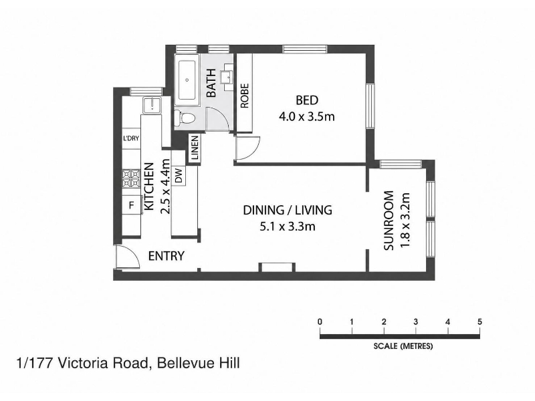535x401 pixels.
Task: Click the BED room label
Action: coord(307,100)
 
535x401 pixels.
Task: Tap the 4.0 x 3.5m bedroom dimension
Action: coord(307,117)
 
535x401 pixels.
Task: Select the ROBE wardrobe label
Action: coord(245,96)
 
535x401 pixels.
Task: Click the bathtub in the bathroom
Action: coord(187,80)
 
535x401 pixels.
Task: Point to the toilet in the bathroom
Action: coord(185,118)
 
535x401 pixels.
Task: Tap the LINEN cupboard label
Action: coord(195,148)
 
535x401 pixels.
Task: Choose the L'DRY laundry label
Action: coord(131,138)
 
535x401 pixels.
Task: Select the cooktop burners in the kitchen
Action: coord(131,179)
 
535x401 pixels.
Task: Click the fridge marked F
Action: coord(131,205)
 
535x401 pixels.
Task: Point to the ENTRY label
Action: coord(166,256)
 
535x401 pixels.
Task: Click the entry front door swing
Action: coord(127,257)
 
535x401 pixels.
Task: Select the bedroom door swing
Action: coord(247,147)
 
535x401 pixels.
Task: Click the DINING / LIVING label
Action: coord(288,210)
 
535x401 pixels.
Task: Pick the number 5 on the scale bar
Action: coord(479,321)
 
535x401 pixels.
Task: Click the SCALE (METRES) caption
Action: coord(403,346)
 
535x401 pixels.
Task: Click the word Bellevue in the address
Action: coord(185,363)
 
